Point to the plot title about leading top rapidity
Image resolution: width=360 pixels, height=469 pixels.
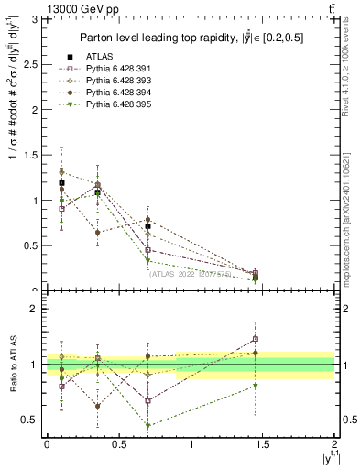coord(191,38)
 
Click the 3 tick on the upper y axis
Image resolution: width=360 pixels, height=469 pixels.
coord(37,19)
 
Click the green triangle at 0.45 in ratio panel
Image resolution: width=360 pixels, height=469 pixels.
coord(147,425)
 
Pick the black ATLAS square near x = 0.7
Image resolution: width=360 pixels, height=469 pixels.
coord(147,226)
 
